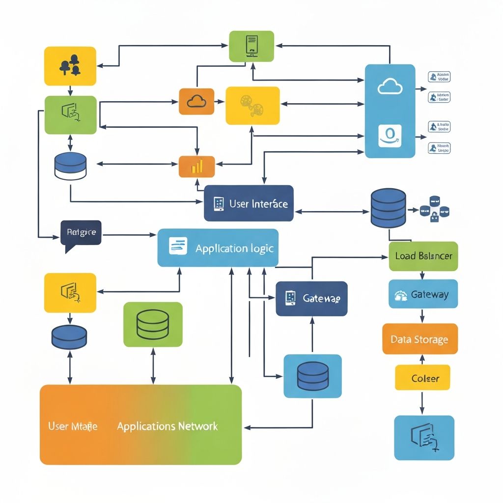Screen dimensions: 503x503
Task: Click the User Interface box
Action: pos(249,203)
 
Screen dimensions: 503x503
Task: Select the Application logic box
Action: pos(218,248)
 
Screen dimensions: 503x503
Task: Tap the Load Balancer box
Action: pos(423,256)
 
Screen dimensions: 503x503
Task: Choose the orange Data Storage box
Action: pos(419,339)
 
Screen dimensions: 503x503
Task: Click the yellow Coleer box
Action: pos(422,378)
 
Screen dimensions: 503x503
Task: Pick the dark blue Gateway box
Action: pos(311,298)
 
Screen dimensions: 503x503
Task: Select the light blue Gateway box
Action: pos(423,294)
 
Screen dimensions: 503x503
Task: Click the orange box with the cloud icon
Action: pos(196,101)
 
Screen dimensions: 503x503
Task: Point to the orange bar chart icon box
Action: pos(196,167)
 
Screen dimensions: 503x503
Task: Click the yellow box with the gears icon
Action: pos(252,106)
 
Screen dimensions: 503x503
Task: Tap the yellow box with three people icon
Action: pos(70,66)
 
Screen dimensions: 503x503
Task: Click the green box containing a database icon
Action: pos(153,324)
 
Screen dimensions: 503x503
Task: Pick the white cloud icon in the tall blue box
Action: pos(390,87)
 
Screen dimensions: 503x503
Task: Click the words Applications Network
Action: pos(167,426)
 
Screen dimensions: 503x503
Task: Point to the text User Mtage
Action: pos(73,426)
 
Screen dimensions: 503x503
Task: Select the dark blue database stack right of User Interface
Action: pos(388,208)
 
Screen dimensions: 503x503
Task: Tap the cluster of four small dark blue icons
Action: pos(434,209)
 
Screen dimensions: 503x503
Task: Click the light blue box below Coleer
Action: pos(424,438)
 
